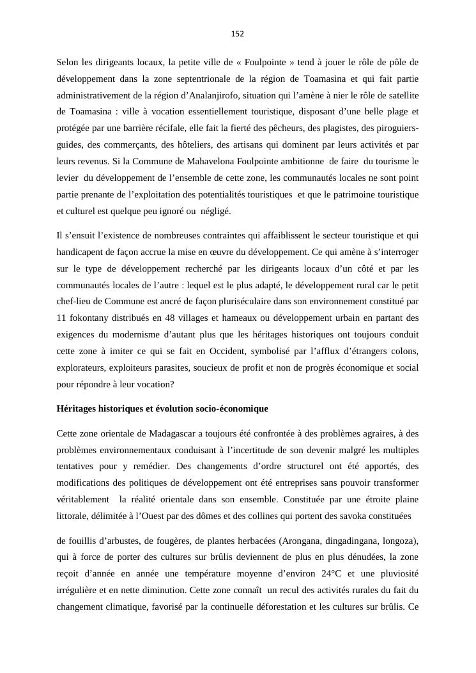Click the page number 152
[238, 34]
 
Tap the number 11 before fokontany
[61, 318]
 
